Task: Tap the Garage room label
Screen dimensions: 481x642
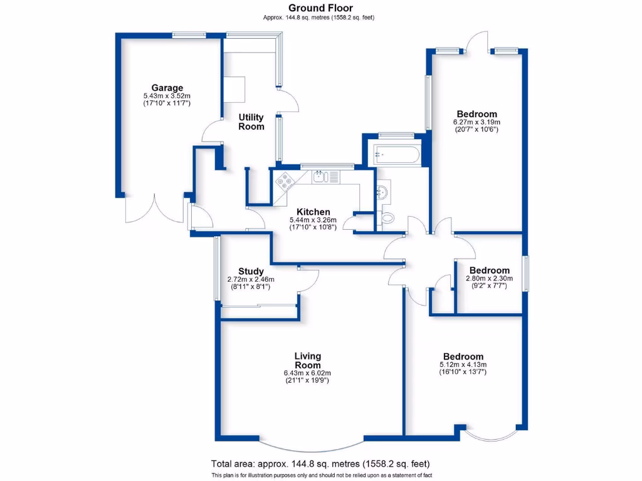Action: (x=167, y=88)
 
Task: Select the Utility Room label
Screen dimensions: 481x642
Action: (x=251, y=122)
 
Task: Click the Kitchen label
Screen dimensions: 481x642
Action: (x=313, y=212)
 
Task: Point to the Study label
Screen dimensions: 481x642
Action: (x=251, y=271)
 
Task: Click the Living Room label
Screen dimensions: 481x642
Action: (x=307, y=361)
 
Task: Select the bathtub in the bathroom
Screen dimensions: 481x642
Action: (x=396, y=154)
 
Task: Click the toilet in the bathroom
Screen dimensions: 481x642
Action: (x=388, y=218)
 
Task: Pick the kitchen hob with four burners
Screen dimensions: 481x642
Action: (x=285, y=181)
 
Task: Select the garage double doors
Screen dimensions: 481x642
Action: (x=154, y=209)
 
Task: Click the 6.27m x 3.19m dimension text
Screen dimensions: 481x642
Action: (x=476, y=122)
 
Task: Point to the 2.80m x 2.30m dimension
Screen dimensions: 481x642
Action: (x=489, y=278)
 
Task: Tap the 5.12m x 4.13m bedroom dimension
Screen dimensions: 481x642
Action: (x=463, y=365)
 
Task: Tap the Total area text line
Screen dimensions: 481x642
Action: (x=320, y=464)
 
